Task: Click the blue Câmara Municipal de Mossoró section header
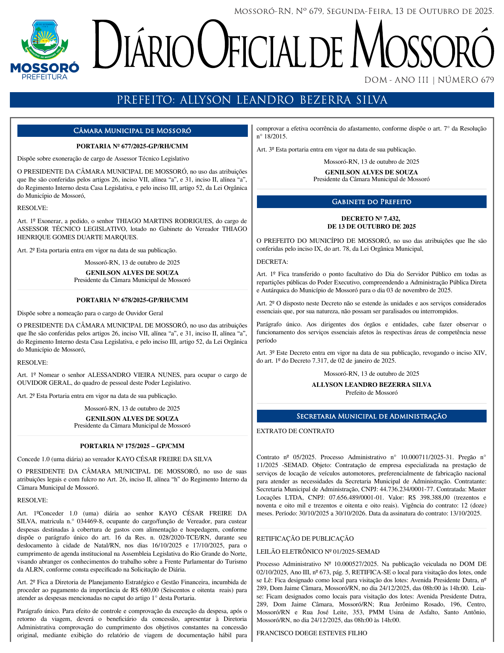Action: click(132, 131)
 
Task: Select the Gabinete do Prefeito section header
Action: click(372, 202)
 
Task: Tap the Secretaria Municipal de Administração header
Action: click(372, 416)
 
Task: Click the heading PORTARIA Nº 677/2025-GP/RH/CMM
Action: click(132, 146)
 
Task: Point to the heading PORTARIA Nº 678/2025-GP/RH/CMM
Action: click(132, 300)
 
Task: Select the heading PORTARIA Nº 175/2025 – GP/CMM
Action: click(132, 446)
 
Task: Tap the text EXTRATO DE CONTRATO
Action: click(295, 431)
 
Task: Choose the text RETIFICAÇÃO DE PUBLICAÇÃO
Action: click(305, 539)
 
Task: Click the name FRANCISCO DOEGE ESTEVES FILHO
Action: click(312, 633)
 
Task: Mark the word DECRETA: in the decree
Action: click(272, 262)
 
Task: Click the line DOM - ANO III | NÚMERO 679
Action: click(429, 80)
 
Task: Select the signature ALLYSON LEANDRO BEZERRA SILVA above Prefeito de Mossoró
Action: click(371, 385)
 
